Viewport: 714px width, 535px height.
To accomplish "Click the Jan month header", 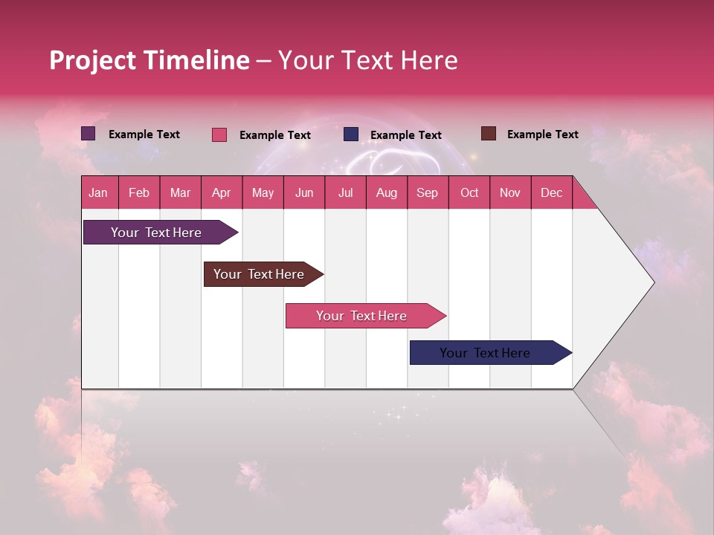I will click(98, 193).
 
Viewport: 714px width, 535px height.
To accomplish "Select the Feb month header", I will click(139, 193).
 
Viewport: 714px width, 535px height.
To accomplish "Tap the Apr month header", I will click(221, 193).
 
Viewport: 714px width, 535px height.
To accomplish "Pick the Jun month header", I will click(304, 193).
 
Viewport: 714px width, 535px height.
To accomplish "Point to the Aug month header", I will click(386, 193).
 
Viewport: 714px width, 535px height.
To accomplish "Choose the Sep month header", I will click(427, 193).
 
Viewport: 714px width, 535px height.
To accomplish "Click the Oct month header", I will click(469, 193).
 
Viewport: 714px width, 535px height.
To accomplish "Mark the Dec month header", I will click(551, 193).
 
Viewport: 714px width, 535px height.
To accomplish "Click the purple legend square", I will click(89, 134).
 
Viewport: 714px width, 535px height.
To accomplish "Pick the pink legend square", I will click(219, 134).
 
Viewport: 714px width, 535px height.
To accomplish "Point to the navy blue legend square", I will click(351, 134).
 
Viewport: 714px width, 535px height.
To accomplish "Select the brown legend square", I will click(489, 134).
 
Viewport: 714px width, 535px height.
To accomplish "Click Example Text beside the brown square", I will click(542, 134).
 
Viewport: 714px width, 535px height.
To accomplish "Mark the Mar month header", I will click(180, 193).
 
